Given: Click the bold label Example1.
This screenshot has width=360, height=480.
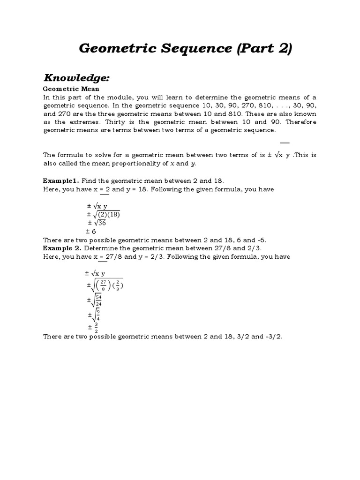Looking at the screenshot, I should coord(61,180).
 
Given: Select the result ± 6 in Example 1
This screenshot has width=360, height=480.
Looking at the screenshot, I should coord(91,231).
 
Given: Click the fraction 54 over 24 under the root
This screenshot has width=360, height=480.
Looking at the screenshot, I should coord(98,300).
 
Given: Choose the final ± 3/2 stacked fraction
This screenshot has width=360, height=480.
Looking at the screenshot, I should coord(93,327).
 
